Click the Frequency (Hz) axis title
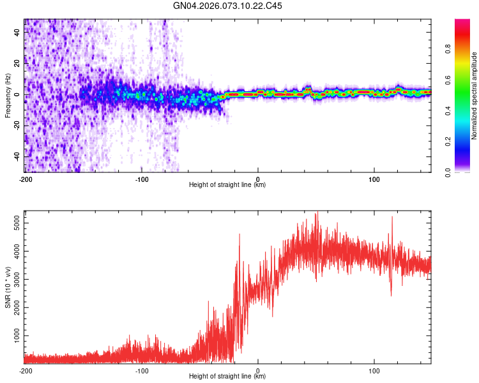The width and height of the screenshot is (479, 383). [x=8, y=96]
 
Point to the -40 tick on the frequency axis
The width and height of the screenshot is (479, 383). [x=17, y=156]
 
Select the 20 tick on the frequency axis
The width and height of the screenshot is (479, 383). [x=18, y=63]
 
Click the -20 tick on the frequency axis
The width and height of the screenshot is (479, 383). [x=17, y=125]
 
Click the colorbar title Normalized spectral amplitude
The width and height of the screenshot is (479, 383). [x=475, y=96]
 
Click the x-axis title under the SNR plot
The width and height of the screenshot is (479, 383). [x=227, y=377]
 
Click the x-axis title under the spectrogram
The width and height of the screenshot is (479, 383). [x=227, y=185]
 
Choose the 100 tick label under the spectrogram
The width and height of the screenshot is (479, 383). [x=374, y=179]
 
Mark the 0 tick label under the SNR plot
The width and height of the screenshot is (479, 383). [x=258, y=370]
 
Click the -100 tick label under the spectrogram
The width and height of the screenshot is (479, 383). [x=141, y=179]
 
